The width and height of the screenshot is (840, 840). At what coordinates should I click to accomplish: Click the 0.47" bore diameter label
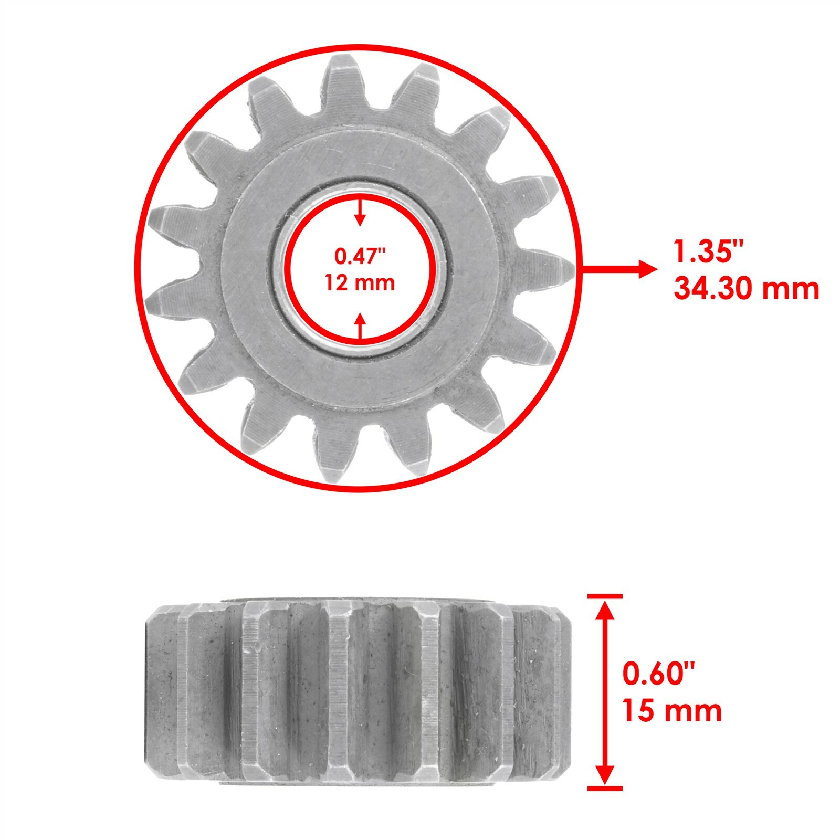click(360, 257)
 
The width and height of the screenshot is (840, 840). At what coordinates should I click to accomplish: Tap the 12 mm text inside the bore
click(360, 283)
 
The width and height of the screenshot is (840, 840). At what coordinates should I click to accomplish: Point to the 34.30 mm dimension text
click(746, 289)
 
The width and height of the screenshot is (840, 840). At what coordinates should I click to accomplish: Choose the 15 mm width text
click(672, 711)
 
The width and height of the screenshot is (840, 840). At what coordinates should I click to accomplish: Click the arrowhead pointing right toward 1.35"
click(647, 269)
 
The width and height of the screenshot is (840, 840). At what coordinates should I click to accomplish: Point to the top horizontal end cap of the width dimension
click(605, 596)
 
